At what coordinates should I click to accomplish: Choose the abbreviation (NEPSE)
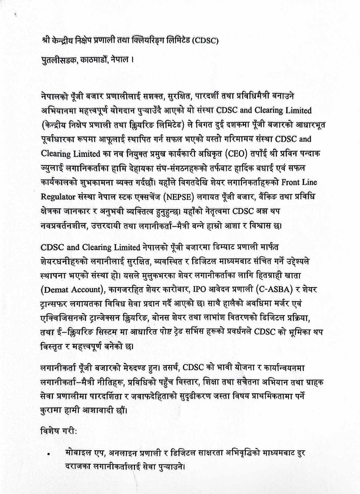[174, 197]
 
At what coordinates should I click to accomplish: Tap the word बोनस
[172, 318]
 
